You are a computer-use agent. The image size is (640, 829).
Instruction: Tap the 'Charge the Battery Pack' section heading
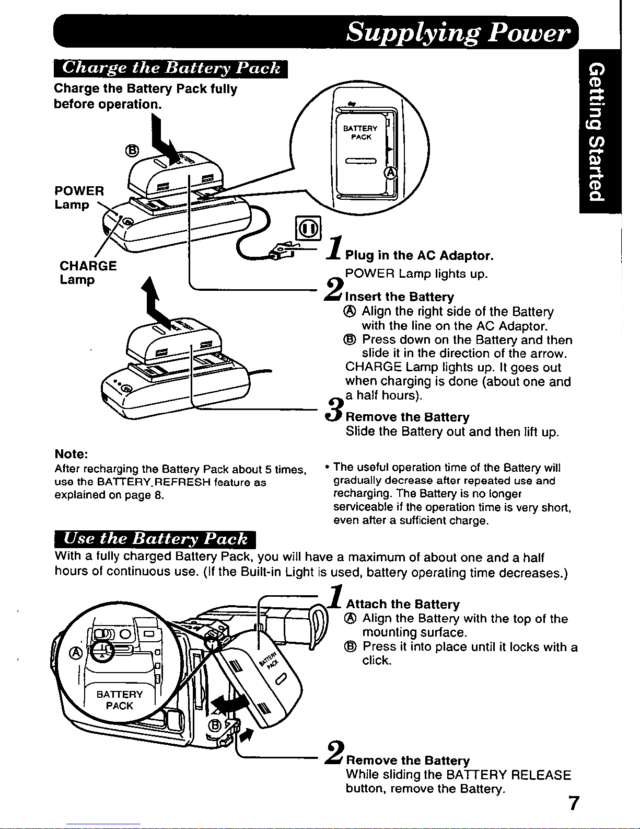171,69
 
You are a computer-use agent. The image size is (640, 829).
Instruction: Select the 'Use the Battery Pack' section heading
155,539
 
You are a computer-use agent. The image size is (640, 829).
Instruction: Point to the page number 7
574,803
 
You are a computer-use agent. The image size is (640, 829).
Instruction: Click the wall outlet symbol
308,228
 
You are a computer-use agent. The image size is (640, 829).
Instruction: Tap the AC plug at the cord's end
282,250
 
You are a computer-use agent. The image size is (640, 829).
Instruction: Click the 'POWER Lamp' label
79,197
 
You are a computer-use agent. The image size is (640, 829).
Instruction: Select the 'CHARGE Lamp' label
88,272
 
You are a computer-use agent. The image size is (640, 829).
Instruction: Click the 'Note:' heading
71,454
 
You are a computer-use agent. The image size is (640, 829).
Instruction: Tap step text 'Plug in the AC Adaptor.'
419,255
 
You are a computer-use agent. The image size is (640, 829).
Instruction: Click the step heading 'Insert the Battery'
399,297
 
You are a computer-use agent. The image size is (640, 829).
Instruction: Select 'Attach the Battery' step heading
403,604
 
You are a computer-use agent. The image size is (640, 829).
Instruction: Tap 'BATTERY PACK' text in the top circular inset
360,132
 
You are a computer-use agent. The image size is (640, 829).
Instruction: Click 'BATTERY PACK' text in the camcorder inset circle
120,700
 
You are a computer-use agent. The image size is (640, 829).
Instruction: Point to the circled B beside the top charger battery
132,151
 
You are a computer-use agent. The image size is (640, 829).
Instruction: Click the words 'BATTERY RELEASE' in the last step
508,775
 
